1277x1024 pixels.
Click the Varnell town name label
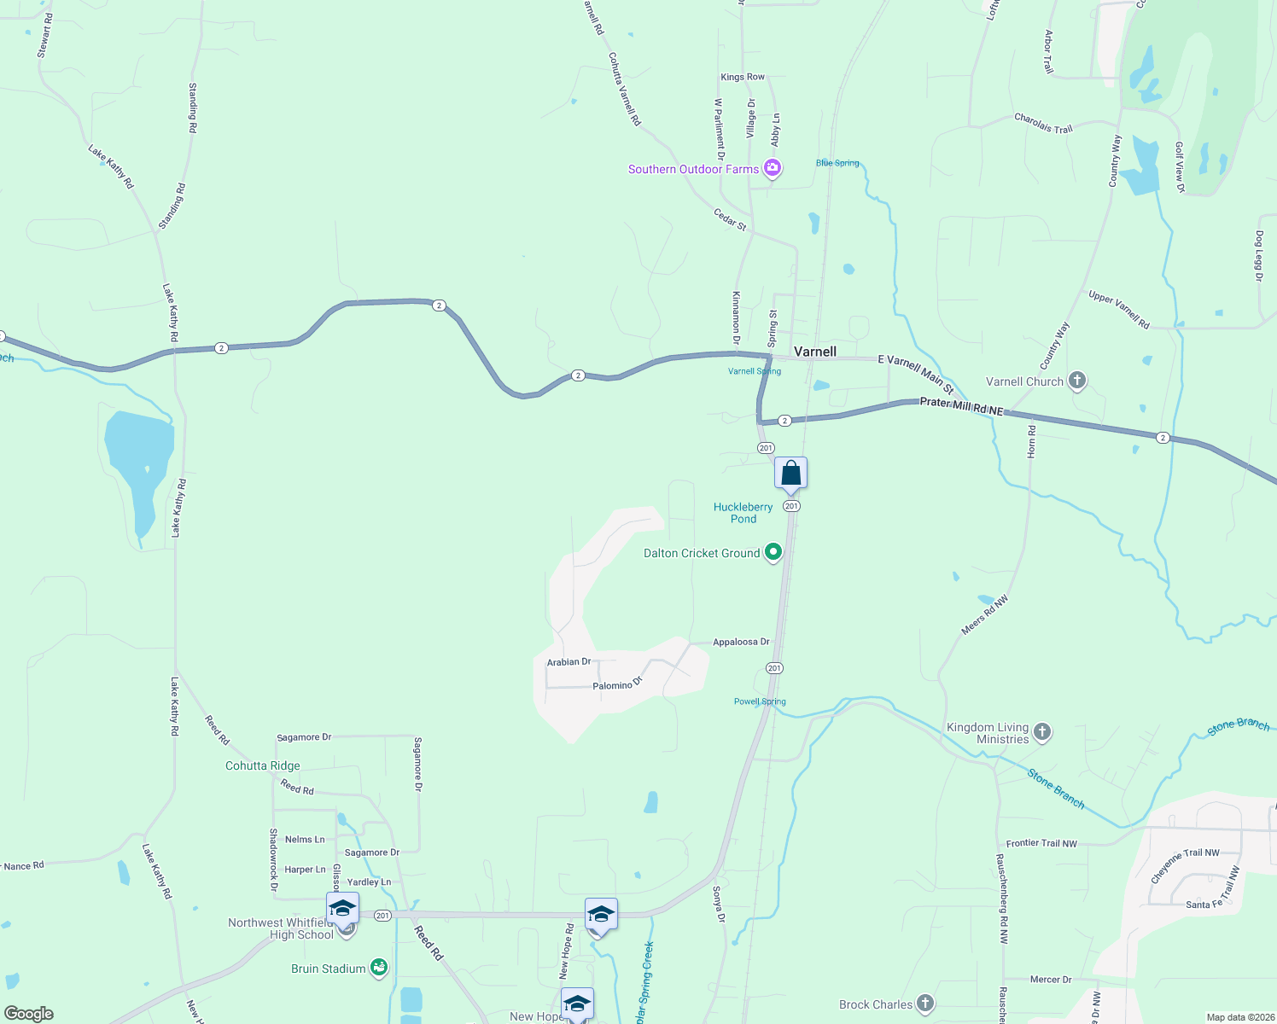point(815,352)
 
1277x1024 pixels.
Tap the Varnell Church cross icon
point(1077,381)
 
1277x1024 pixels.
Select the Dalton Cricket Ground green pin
point(773,552)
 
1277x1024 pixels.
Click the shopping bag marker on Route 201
point(791,474)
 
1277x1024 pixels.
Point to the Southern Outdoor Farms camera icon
point(773,168)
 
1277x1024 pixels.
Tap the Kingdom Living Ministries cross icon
point(1041,731)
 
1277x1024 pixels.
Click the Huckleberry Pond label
point(743,513)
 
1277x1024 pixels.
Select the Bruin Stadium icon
point(379,968)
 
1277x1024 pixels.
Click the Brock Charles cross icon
point(924,1004)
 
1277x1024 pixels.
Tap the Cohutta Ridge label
point(263,765)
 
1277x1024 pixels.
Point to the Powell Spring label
point(760,701)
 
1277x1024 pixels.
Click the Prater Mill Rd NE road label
point(961,406)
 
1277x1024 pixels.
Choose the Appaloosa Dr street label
point(741,642)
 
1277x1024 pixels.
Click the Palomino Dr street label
point(617,684)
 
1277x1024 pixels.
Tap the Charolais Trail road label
point(1043,124)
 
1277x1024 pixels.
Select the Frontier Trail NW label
point(1041,843)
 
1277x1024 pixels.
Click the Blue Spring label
point(837,163)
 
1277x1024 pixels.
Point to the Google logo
point(29,1013)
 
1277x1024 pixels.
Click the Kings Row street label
point(743,77)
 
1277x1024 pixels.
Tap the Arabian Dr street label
point(569,661)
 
